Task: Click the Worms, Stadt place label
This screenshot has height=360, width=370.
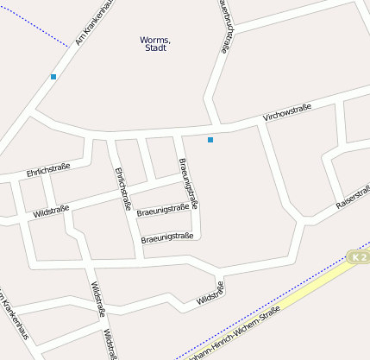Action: [x=155, y=44]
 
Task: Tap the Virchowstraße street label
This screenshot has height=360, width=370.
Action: [x=286, y=111]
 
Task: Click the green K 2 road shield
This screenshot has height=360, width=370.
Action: [x=359, y=256]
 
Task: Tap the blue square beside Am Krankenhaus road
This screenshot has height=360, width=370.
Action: [x=53, y=77]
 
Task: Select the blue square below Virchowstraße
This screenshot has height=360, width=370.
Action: [x=210, y=139]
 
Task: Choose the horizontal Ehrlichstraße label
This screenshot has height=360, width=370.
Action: [x=48, y=171]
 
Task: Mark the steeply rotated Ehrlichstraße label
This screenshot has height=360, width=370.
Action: [x=122, y=189]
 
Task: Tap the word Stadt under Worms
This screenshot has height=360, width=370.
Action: [x=155, y=48]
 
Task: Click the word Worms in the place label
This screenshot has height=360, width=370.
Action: [x=155, y=40]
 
